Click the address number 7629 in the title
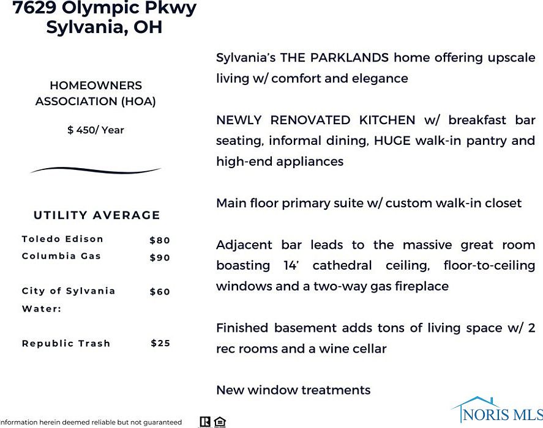37,9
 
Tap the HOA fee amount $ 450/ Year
95,130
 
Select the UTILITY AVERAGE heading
97,215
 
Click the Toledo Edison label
62,239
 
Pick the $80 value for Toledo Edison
160,240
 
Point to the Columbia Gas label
61,256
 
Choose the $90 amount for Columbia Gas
160,257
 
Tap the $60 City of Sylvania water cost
160,292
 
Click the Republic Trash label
66,343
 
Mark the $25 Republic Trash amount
160,343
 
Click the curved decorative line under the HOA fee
95,170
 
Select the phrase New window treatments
293,390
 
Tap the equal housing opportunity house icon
220,422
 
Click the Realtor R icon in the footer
206,422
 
